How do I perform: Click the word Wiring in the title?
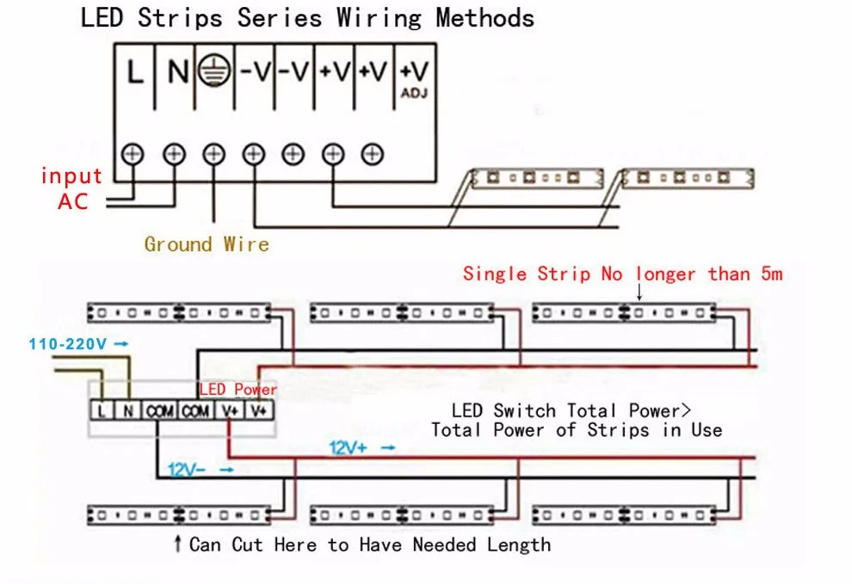point(380,18)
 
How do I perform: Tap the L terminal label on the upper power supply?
point(135,71)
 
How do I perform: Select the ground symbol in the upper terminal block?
point(214,71)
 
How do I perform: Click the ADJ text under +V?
point(414,94)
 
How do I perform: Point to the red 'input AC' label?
point(71,188)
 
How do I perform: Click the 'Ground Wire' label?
point(207,244)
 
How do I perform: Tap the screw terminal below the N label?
point(174,154)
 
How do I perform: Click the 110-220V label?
point(67,344)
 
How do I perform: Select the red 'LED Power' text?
point(238,389)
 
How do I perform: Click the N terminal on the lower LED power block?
point(128,411)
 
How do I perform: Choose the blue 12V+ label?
point(348,447)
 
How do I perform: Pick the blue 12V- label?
point(187,470)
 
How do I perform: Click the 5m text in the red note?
point(772,274)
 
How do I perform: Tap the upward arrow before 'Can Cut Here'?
point(177,544)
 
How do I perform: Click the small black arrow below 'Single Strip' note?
point(639,292)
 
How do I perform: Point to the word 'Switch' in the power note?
point(524,411)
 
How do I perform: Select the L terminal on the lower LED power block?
point(102,411)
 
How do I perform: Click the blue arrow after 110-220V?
point(121,344)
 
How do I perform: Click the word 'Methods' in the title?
point(485,18)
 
